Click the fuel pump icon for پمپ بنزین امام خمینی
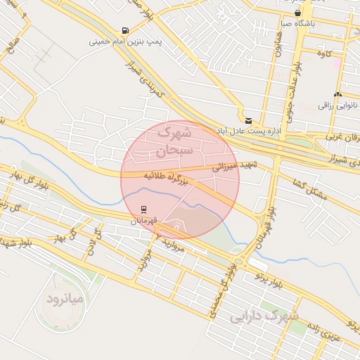[125, 30]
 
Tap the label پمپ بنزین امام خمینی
[125, 42]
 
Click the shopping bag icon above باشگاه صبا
[298, 13]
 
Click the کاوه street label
[323, 53]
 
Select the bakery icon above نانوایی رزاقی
[338, 94]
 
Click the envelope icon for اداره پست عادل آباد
[247, 120]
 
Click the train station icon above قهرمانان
[143, 210]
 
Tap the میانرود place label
[65, 300]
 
